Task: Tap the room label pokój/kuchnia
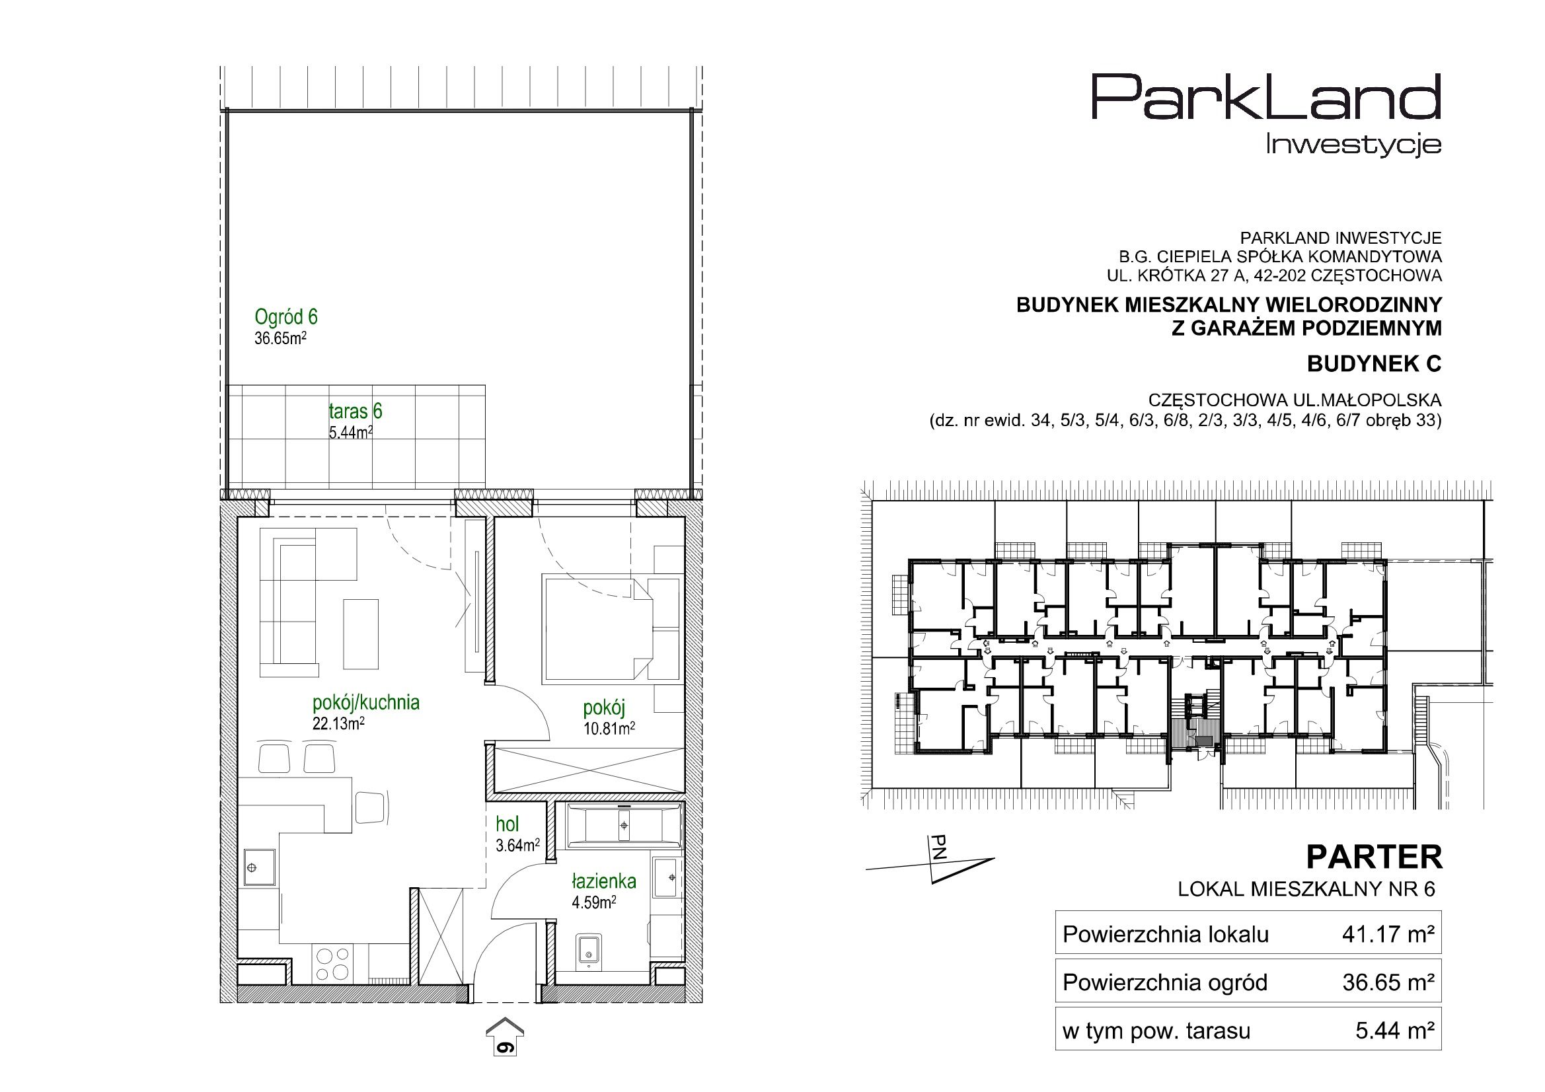[366, 703]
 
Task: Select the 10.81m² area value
[610, 728]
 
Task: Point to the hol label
[508, 824]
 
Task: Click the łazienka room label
[603, 881]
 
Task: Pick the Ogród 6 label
[286, 316]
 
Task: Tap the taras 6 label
[356, 411]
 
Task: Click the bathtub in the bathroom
[625, 825]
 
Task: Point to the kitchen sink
[259, 869]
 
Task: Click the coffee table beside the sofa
[361, 634]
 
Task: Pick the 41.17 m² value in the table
[1389, 934]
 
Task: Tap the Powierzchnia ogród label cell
[1165, 983]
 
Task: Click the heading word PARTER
[1374, 857]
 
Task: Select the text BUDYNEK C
[1374, 364]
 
